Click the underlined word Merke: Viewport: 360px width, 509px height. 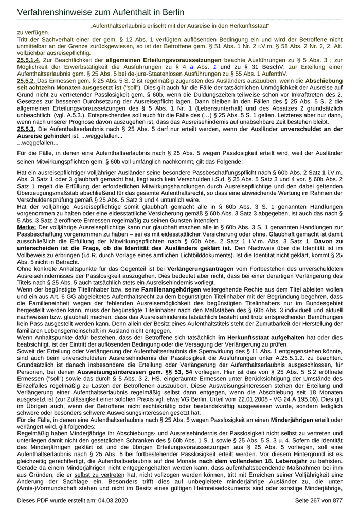tap(27, 227)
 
